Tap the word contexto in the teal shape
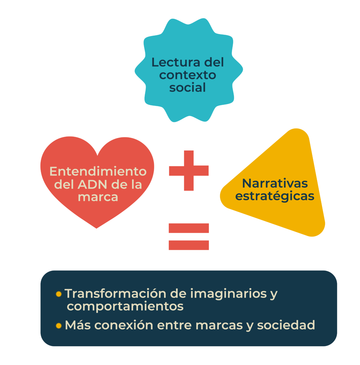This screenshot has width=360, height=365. (188, 75)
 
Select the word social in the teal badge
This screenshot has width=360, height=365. (188, 88)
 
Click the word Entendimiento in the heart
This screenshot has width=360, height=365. (98, 172)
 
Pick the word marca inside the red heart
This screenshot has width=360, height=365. (98, 197)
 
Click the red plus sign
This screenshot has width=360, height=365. (189, 171)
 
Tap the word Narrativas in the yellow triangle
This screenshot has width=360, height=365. (275, 183)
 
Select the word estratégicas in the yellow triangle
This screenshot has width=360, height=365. (275, 196)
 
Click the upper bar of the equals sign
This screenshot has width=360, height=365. (189, 228)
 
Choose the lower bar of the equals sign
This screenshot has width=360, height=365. (189, 245)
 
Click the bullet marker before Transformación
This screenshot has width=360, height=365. (59, 294)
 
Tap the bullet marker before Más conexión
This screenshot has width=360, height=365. (59, 326)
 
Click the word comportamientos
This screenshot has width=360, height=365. (125, 306)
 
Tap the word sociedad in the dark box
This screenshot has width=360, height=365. (286, 325)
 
